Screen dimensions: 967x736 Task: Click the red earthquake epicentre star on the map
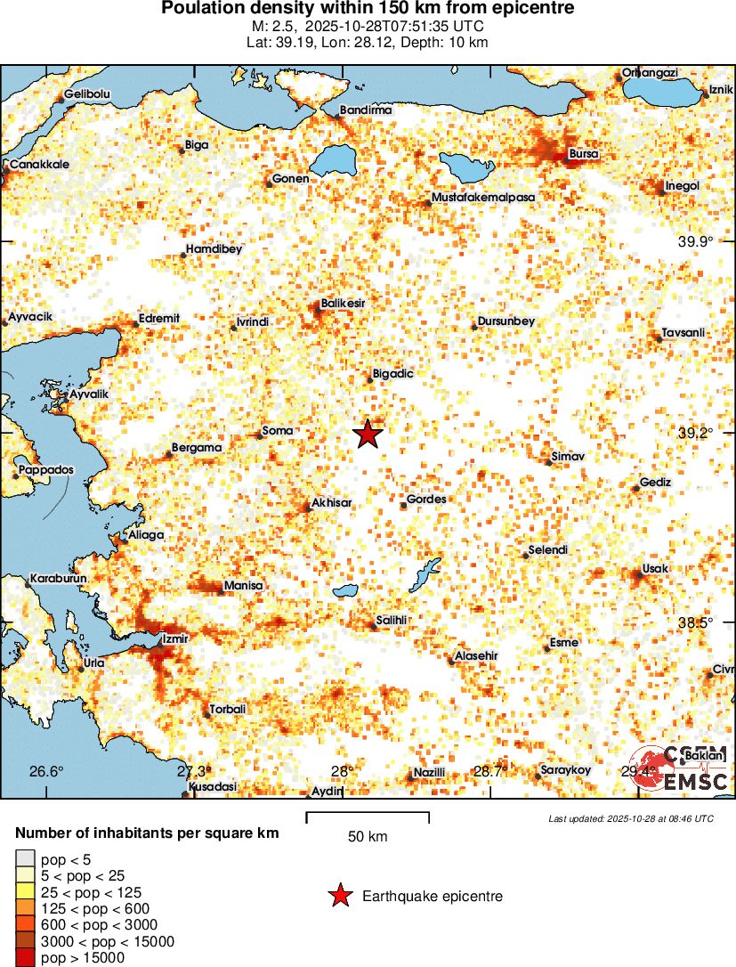coord(368,435)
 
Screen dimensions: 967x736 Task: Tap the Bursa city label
coord(584,154)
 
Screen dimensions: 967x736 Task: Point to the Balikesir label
coord(343,304)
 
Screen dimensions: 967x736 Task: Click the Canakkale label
coord(39,165)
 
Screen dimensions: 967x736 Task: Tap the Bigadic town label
coord(392,374)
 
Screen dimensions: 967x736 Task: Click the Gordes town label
coord(426,500)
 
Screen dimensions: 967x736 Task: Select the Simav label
coord(568,456)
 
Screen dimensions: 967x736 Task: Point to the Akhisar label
coord(332,502)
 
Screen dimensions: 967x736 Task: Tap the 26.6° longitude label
coord(46,771)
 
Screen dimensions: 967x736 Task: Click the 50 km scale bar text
coord(368,837)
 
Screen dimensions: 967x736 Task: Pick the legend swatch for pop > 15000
coord(25,958)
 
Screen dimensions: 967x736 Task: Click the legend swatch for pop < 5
coord(25,859)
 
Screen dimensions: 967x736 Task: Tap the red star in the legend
coord(340,897)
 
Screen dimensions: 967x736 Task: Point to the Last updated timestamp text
coord(631,818)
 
